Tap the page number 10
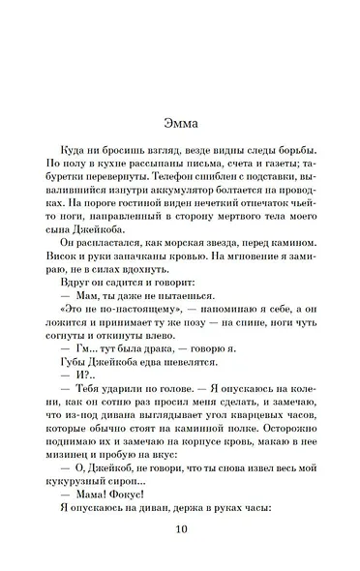[x=180, y=529]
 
